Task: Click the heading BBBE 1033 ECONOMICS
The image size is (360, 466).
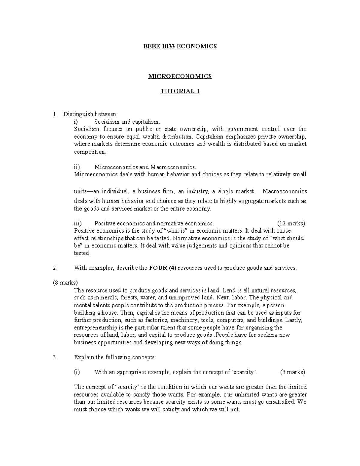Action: [180, 46]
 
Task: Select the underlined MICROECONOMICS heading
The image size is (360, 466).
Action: [180, 76]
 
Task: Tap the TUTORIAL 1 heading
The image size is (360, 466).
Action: [180, 91]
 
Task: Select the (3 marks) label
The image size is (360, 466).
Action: [292, 372]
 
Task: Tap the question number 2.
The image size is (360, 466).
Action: [55, 268]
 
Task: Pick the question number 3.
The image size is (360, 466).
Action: [55, 357]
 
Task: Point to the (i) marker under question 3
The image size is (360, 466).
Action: [77, 372]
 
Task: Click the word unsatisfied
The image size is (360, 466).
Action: [279, 402]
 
